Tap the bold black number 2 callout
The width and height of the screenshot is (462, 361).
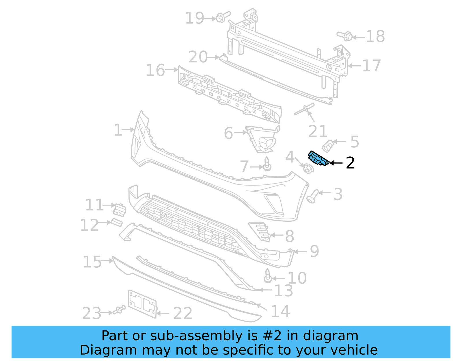point(350,163)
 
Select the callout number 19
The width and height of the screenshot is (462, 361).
point(195,18)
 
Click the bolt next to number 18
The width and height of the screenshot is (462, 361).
point(345,36)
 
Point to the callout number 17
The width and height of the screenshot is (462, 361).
point(371,66)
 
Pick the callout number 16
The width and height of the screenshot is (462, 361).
point(155,70)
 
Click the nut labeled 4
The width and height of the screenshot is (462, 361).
point(308,168)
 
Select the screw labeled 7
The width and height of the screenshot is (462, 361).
point(267,165)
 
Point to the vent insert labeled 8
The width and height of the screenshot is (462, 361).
point(260,231)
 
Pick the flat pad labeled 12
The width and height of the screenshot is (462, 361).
point(117,223)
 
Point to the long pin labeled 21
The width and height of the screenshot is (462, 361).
point(304,109)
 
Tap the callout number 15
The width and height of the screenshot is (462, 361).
point(92,262)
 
